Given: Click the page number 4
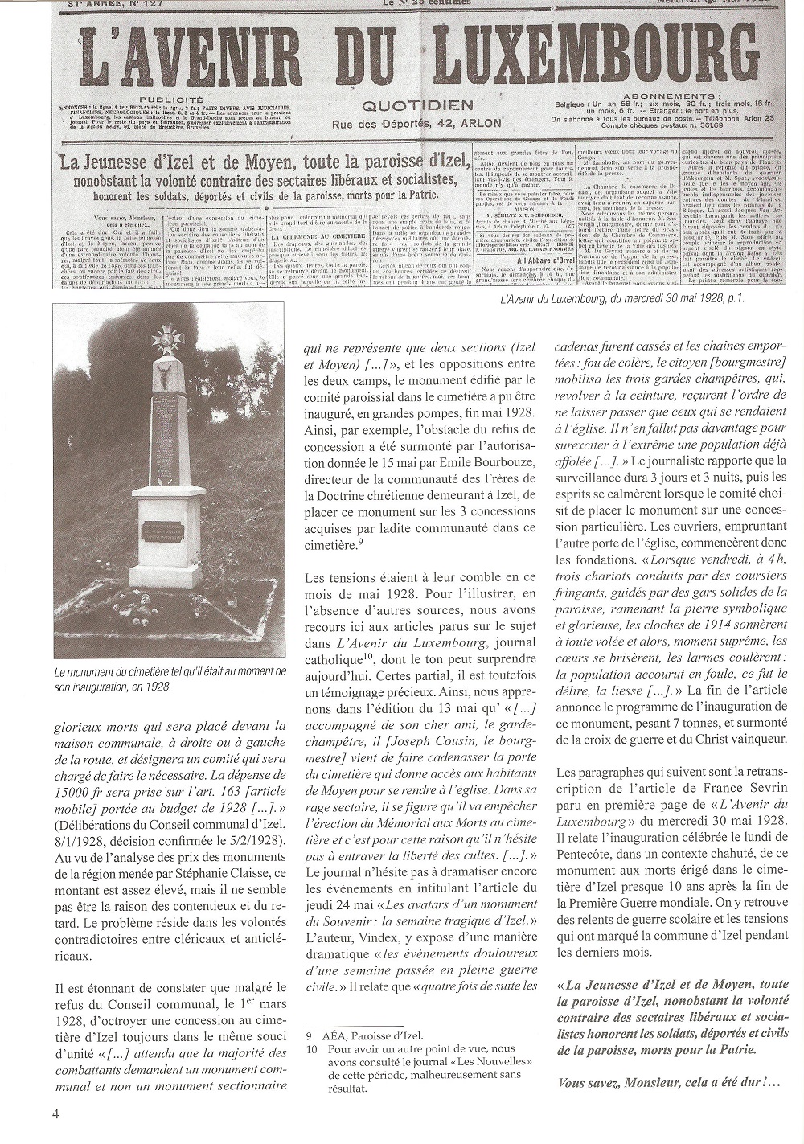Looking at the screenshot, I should pyautogui.click(x=55, y=1113).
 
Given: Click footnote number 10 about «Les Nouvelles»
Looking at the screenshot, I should pyautogui.click(x=310, y=1049).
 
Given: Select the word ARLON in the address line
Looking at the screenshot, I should pyautogui.click(x=480, y=124).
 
